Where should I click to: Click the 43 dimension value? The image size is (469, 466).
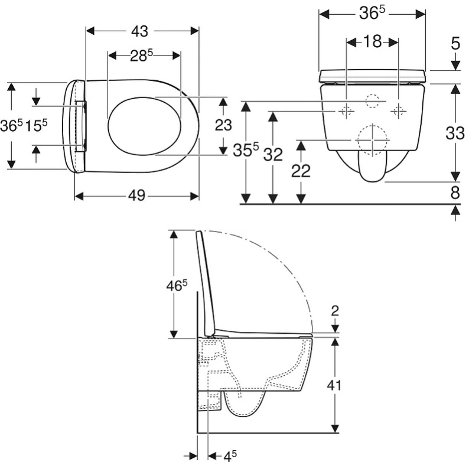(139, 31)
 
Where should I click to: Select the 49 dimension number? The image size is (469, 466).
(136, 196)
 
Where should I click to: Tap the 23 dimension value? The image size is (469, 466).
(223, 125)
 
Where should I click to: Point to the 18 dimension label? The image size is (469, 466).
(372, 42)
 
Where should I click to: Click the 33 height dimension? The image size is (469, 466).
(455, 133)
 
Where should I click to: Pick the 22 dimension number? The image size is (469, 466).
(301, 171)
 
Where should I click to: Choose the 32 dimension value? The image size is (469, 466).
(273, 155)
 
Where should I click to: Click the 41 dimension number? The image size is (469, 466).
(334, 386)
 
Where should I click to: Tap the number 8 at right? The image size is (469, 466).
(455, 193)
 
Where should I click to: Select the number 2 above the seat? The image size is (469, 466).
(335, 311)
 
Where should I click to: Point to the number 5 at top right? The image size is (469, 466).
(455, 44)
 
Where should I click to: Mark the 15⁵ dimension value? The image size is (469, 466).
(37, 125)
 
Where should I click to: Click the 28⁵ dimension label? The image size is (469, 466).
(141, 56)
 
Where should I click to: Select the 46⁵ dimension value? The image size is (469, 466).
(177, 286)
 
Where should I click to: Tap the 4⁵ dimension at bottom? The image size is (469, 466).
(230, 456)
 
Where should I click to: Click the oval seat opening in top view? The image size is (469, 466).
(145, 126)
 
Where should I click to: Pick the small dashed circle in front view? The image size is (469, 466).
(372, 101)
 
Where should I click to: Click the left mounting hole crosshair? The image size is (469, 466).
(346, 111)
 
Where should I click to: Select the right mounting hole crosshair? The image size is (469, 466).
(398, 111)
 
